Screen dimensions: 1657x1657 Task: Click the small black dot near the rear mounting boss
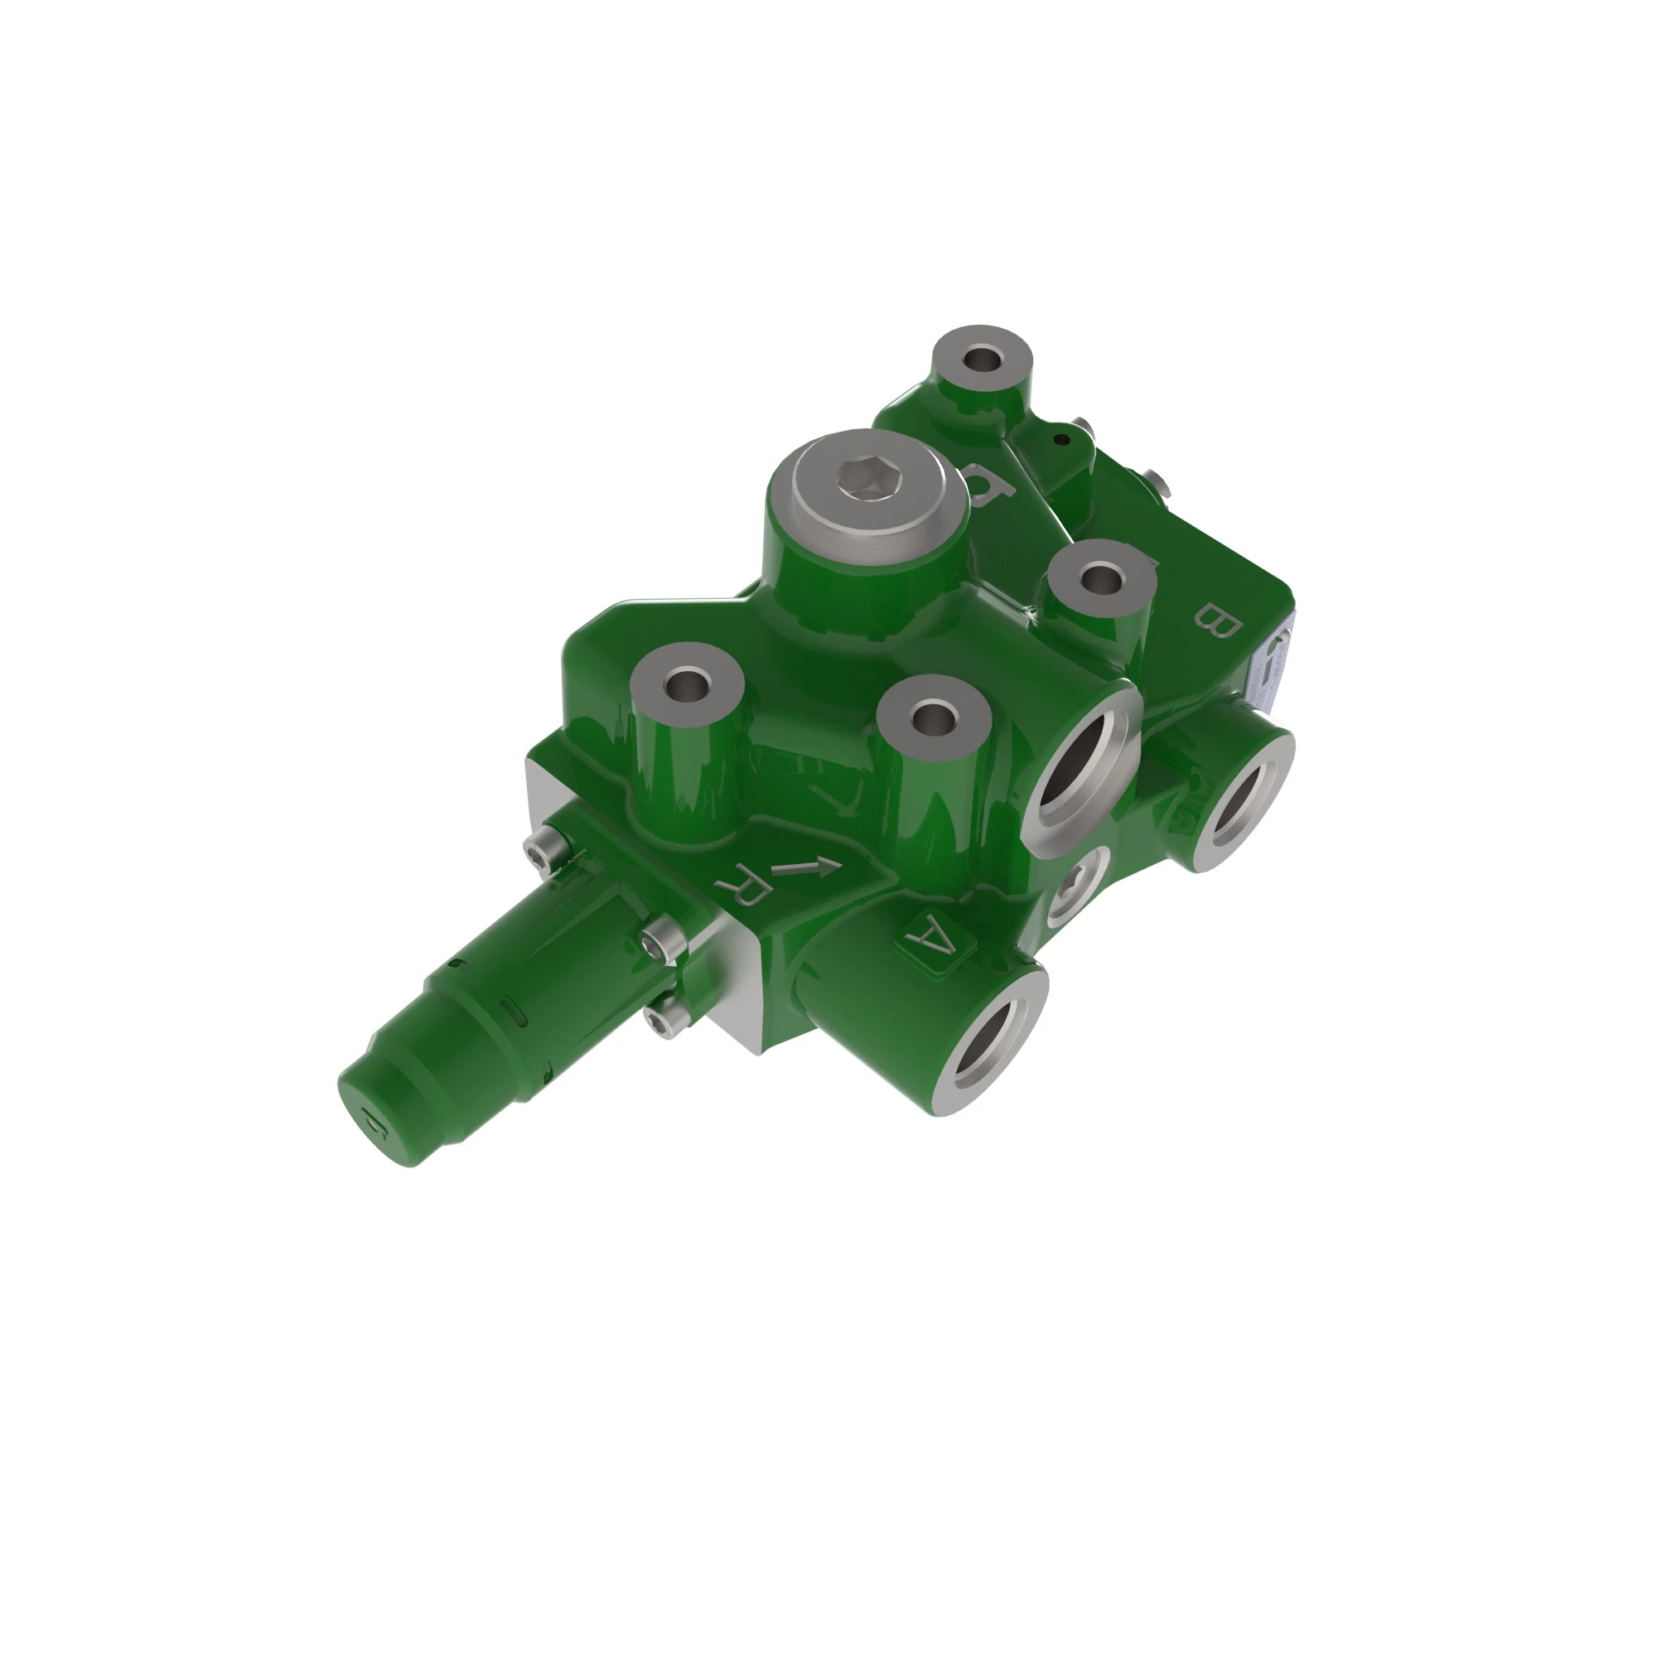[x=1062, y=440]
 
